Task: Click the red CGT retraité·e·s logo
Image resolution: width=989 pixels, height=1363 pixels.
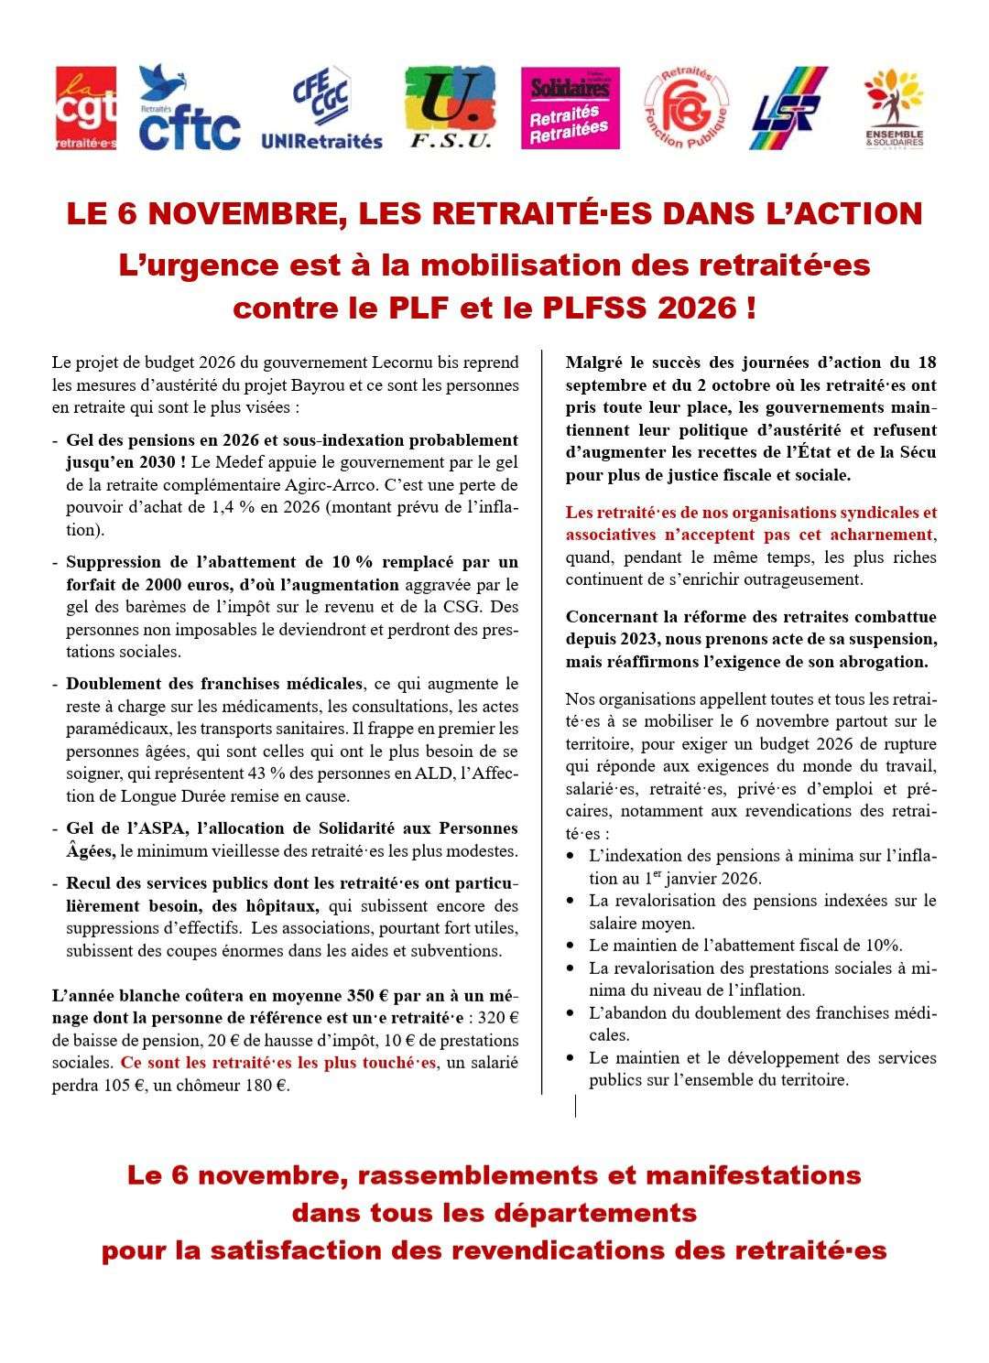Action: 85,107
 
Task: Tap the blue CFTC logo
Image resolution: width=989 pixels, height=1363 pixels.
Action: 190,107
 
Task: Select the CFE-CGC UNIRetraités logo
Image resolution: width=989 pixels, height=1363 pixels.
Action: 321,107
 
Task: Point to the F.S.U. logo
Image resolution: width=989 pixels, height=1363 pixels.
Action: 450,107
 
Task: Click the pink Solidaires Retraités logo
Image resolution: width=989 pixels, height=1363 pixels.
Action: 570,107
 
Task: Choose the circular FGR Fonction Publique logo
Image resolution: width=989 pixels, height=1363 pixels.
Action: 687,107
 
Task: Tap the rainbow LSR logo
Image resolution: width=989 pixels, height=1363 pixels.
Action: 788,107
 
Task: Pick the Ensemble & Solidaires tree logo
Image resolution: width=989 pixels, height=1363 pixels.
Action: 894,107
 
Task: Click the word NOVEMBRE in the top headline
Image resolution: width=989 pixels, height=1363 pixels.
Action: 239,213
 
